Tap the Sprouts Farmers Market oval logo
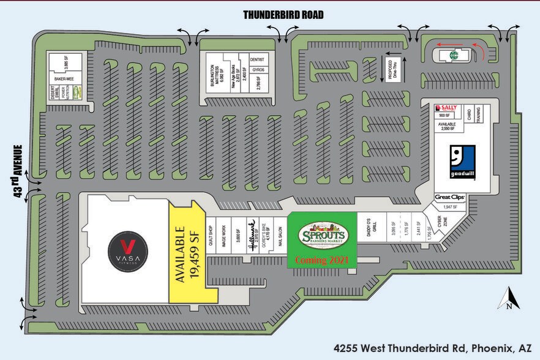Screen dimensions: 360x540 (323, 234)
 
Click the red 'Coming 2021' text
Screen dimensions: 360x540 (322, 260)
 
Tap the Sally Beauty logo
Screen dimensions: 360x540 (446, 108)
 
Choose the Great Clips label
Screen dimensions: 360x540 (450, 197)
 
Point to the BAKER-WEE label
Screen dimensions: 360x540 (64, 78)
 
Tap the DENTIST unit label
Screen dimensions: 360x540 (257, 59)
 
